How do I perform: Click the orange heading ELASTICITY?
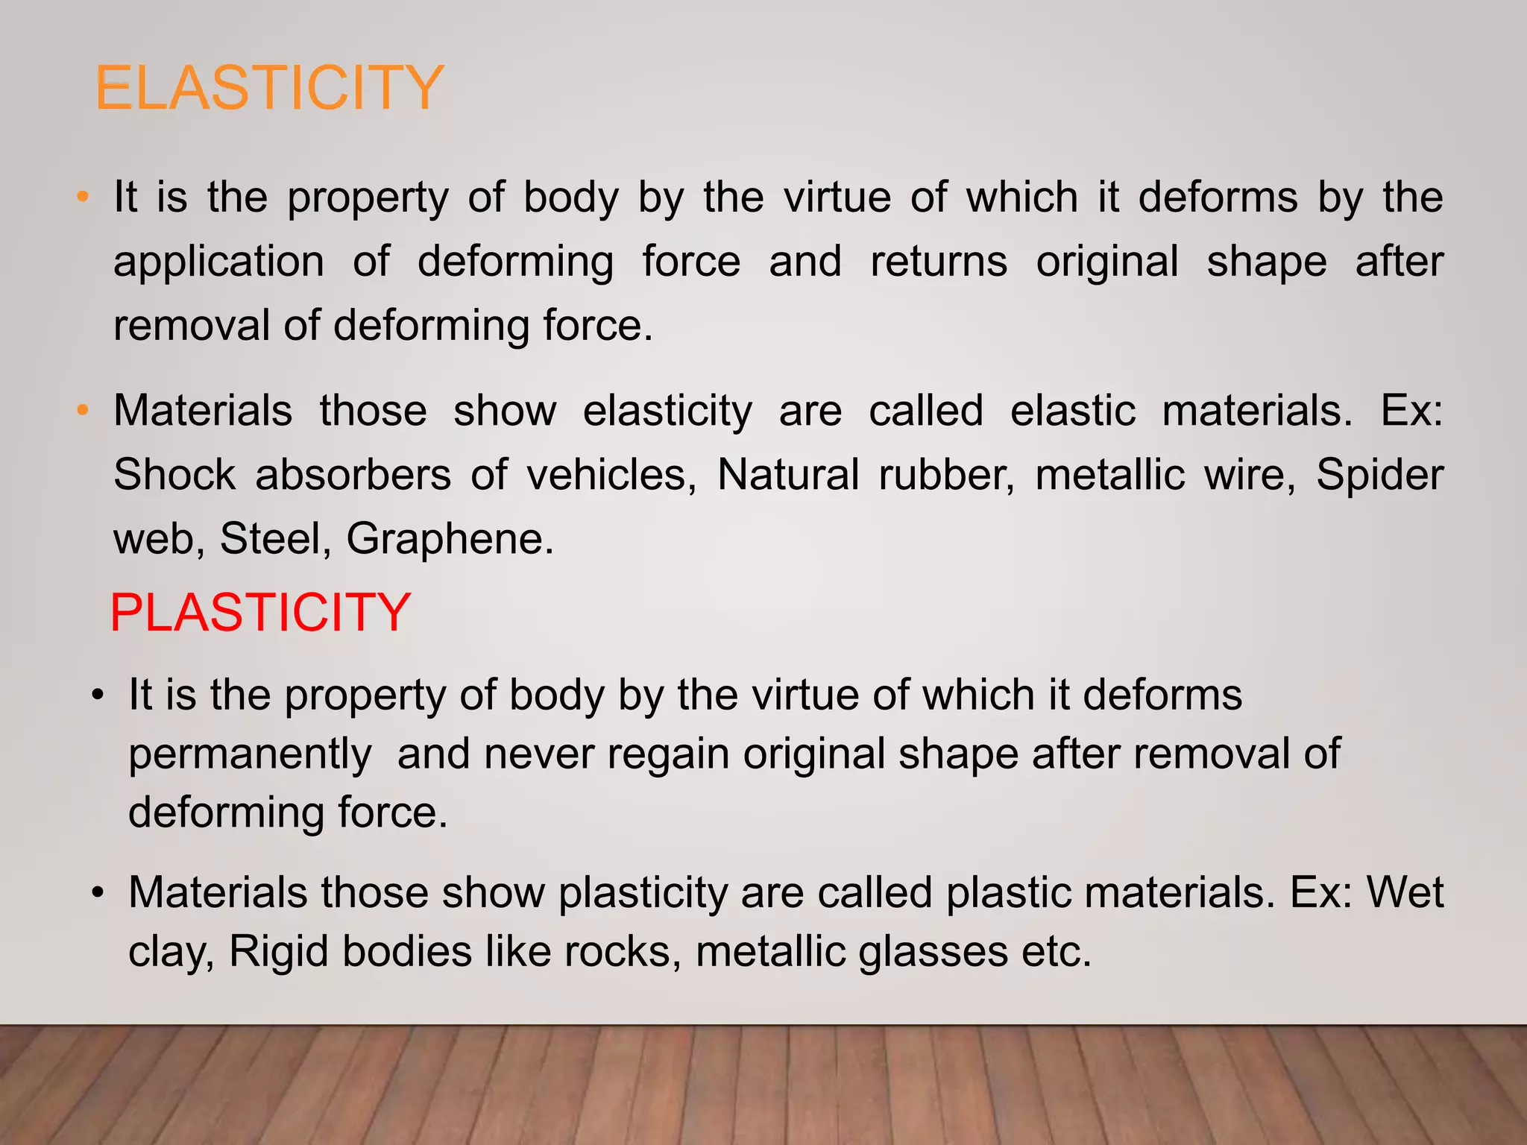coord(269,88)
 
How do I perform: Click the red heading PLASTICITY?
coord(260,612)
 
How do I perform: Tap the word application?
coord(218,262)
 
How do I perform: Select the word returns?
coord(939,262)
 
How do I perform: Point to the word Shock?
coord(174,475)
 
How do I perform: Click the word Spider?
coord(1379,475)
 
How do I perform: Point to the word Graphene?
coord(450,540)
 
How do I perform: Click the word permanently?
coord(250,754)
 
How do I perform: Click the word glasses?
coord(933,953)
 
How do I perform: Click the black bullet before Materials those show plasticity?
coord(97,892)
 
